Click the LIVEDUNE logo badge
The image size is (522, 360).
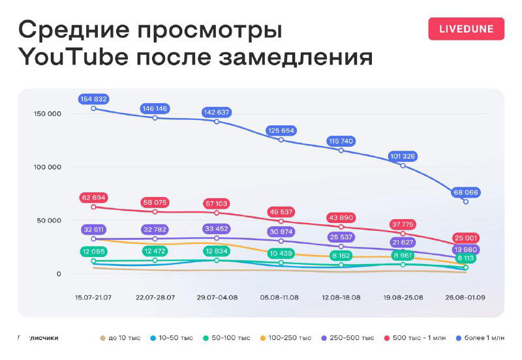click(x=466, y=29)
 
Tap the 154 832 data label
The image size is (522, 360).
click(x=94, y=99)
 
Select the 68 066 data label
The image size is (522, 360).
click(x=465, y=192)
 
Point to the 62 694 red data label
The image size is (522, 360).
click(x=94, y=198)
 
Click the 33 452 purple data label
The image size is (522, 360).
click(x=217, y=229)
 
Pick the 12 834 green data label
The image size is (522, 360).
click(x=217, y=252)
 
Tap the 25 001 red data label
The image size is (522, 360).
click(x=465, y=238)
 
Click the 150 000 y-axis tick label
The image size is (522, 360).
click(x=48, y=113)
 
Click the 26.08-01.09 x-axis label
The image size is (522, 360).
click(x=465, y=297)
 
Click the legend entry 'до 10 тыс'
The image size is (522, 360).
click(x=122, y=338)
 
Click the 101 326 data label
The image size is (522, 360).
click(x=403, y=157)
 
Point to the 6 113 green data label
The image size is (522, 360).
click(x=465, y=259)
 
